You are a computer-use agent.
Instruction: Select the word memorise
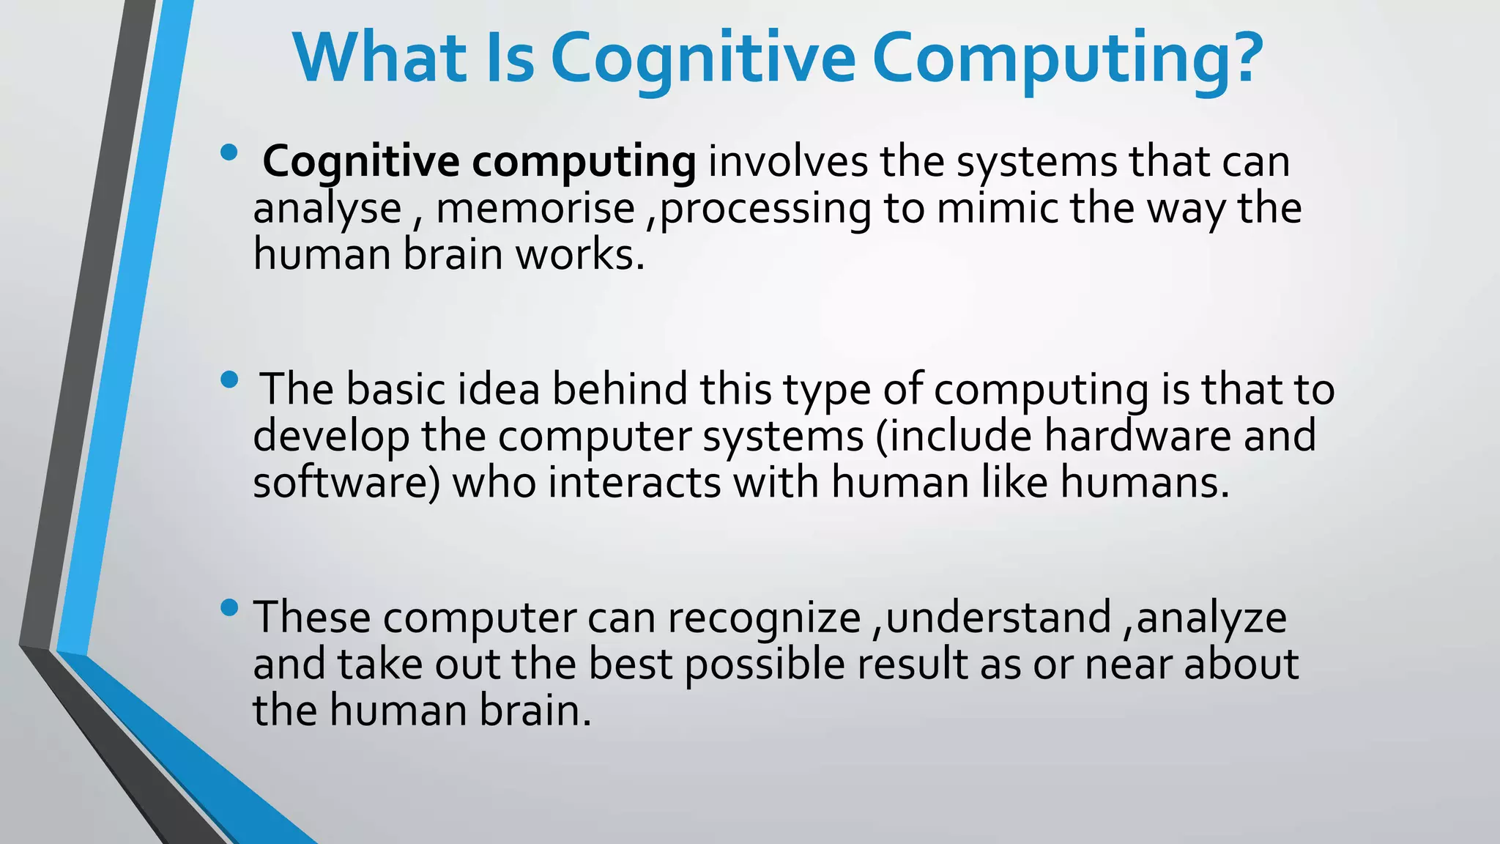point(535,209)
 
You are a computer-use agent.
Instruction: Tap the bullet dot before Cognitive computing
point(229,153)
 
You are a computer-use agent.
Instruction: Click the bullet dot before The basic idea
point(229,380)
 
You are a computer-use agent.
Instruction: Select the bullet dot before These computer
point(229,607)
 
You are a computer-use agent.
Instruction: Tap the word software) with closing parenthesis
point(346,484)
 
